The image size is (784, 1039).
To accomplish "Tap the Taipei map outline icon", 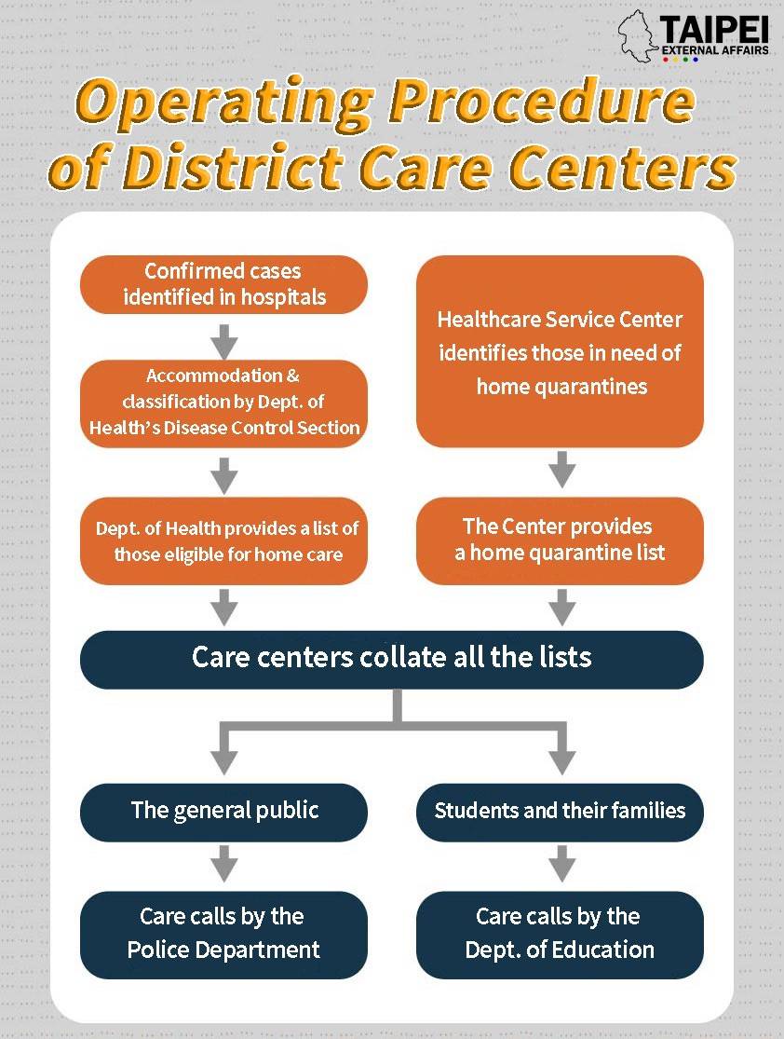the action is pos(639,36).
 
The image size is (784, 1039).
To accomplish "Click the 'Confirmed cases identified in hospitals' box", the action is pos(223,284).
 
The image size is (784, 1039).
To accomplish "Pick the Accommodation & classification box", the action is pos(223,403).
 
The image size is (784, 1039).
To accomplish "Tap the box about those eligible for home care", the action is pos(223,540).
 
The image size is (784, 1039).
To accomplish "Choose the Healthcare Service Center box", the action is pos(560,351).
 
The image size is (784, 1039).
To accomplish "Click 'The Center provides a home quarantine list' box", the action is pos(560,540).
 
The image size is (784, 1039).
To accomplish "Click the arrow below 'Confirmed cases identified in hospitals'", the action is pos(224,342).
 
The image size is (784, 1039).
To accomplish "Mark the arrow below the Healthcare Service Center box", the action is pos(562,470).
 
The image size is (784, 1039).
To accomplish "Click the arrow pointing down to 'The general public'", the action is pos(224,749).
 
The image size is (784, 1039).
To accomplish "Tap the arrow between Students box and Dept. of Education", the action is pos(562,864).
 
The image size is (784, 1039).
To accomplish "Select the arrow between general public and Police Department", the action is pos(224,864).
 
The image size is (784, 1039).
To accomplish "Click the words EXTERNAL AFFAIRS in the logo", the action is pos(715,49).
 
